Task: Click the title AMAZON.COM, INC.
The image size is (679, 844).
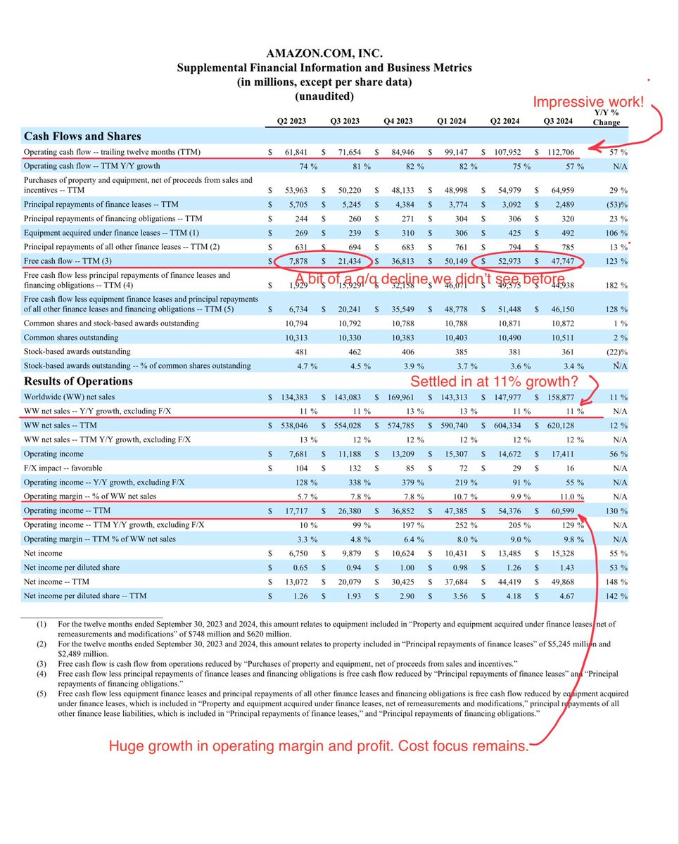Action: point(324,53)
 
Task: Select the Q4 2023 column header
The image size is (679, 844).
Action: point(398,120)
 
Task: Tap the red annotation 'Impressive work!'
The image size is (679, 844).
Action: point(588,101)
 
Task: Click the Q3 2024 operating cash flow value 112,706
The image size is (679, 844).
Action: point(561,152)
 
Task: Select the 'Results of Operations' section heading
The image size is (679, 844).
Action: point(78,381)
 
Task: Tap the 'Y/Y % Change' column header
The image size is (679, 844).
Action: point(606,117)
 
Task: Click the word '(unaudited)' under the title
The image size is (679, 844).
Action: point(324,96)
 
